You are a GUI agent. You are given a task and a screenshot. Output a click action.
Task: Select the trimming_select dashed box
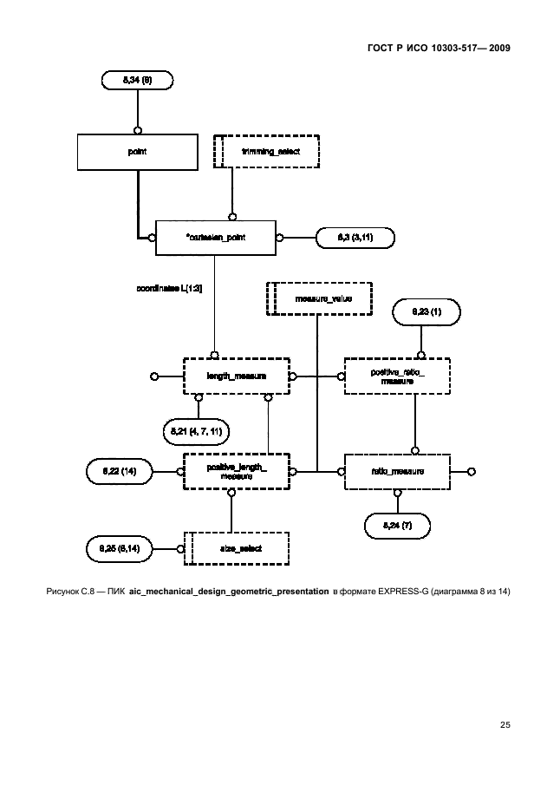[x=268, y=151]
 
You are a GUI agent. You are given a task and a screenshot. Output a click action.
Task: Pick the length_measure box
[x=235, y=376]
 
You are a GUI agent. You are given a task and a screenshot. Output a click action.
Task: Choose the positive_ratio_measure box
[x=396, y=376]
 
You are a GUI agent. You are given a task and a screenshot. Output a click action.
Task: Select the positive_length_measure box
[x=235, y=472]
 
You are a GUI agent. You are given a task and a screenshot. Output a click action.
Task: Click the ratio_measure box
[x=396, y=472]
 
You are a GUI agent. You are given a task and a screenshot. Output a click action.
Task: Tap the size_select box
[x=235, y=548]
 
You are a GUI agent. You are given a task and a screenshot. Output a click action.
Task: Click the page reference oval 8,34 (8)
[x=137, y=81]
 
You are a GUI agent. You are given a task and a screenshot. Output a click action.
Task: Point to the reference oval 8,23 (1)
[x=427, y=310]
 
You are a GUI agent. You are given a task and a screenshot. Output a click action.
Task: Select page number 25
[x=505, y=724]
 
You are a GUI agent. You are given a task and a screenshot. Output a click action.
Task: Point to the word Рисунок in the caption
[x=62, y=592]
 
